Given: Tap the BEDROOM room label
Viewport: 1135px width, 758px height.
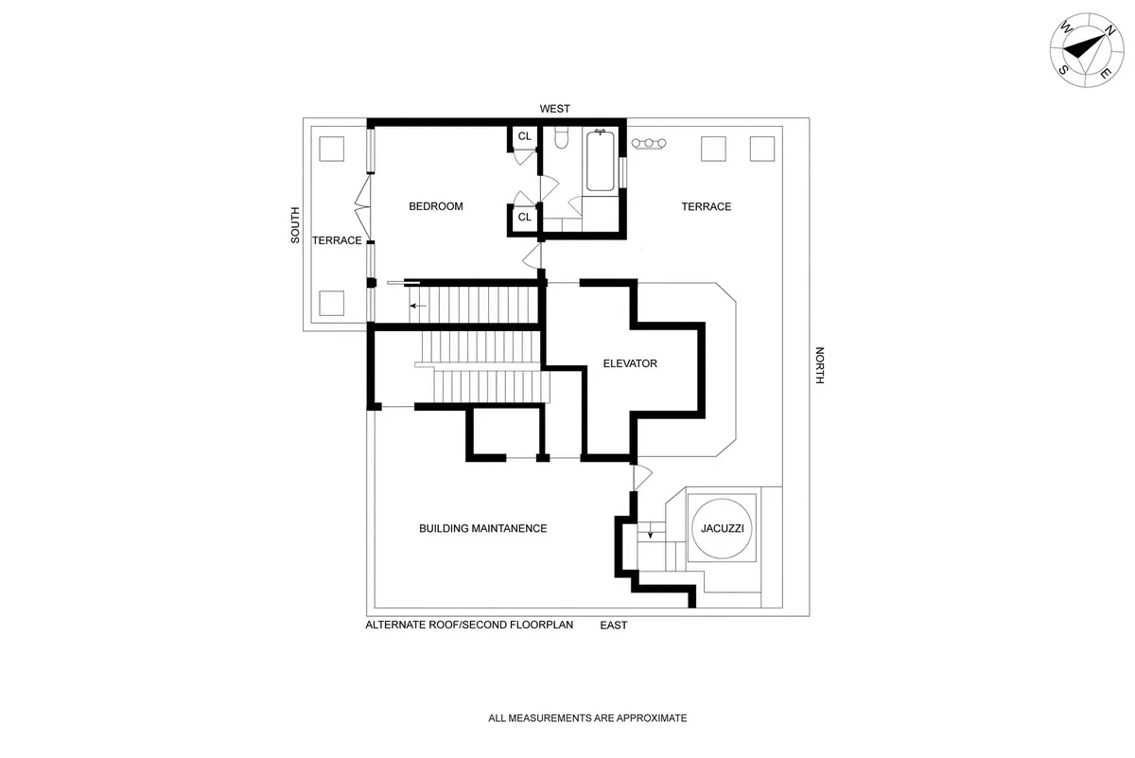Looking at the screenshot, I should (x=435, y=206).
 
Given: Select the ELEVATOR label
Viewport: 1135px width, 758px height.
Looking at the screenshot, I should (x=630, y=363).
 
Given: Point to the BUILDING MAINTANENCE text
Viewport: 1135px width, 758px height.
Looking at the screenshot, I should (x=482, y=528).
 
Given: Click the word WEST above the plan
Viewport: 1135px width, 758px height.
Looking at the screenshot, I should (x=555, y=109).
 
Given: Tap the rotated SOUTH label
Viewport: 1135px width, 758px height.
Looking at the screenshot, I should (x=295, y=225).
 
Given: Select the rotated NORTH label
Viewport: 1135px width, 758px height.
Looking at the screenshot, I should (x=820, y=364).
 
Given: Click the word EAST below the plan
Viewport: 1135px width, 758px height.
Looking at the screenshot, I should (x=613, y=626).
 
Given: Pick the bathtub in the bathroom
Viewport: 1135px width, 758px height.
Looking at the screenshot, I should (x=600, y=163).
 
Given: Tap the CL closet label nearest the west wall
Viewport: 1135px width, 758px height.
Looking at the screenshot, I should (x=524, y=137).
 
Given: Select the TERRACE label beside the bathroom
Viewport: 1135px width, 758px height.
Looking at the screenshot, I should (x=707, y=206).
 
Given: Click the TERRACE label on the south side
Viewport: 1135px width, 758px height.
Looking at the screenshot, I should (x=337, y=240).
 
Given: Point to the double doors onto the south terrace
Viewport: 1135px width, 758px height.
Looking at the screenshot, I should (x=361, y=203).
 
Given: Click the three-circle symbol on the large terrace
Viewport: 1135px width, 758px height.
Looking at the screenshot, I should (x=649, y=143).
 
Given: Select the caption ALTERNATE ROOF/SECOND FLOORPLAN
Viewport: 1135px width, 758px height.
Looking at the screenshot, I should (x=469, y=626).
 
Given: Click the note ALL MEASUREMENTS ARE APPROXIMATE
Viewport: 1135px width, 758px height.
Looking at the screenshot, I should (x=587, y=718).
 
